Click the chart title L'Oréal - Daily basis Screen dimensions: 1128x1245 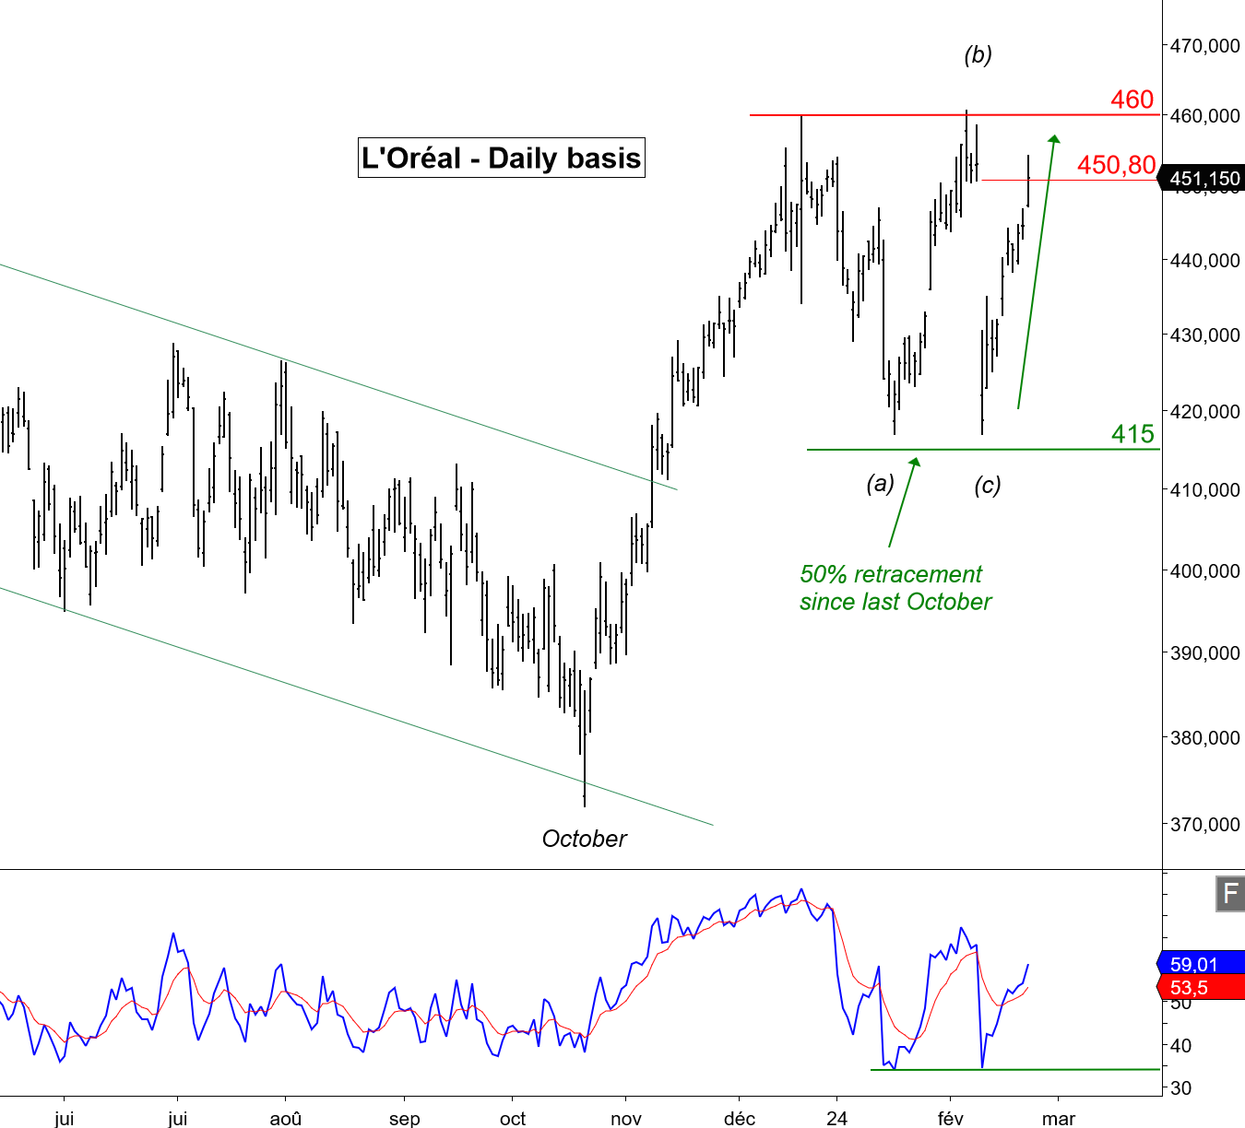pyautogui.click(x=501, y=158)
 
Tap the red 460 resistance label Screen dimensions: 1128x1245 pyautogui.click(x=1132, y=100)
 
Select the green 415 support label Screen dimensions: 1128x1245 pyautogui.click(x=1132, y=434)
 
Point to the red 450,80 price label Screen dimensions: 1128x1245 pyautogui.click(x=1116, y=165)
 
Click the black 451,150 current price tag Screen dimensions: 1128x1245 pyautogui.click(x=1204, y=179)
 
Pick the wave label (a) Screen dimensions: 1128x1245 pyautogui.click(x=880, y=483)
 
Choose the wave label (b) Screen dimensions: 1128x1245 pyautogui.click(x=978, y=54)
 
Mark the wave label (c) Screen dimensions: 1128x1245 pyautogui.click(x=987, y=485)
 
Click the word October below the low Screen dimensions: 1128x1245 pyautogui.click(x=584, y=839)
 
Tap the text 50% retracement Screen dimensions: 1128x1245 pyautogui.click(x=891, y=574)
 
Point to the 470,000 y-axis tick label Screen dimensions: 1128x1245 pyautogui.click(x=1204, y=45)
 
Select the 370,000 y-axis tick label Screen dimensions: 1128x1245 pyautogui.click(x=1204, y=824)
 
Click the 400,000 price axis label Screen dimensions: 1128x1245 pyautogui.click(x=1204, y=571)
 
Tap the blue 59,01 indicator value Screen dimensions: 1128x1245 pyautogui.click(x=1194, y=964)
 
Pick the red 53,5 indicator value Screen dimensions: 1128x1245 pyautogui.click(x=1190, y=988)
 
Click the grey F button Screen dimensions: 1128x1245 pyautogui.click(x=1230, y=894)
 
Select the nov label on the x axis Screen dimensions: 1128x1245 pyautogui.click(x=626, y=1119)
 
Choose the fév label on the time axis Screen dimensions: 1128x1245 pyautogui.click(x=950, y=1119)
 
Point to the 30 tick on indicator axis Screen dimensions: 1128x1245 pyautogui.click(x=1180, y=1087)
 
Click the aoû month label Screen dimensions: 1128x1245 pyautogui.click(x=286, y=1119)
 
